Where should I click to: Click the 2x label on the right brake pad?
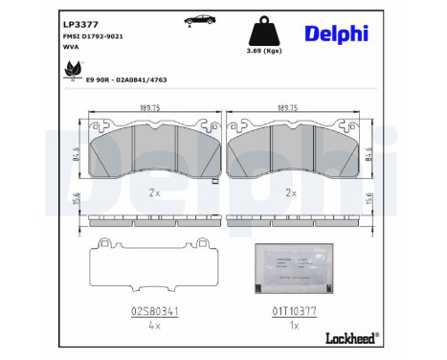[290, 192]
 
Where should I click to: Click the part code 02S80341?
[152, 311]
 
